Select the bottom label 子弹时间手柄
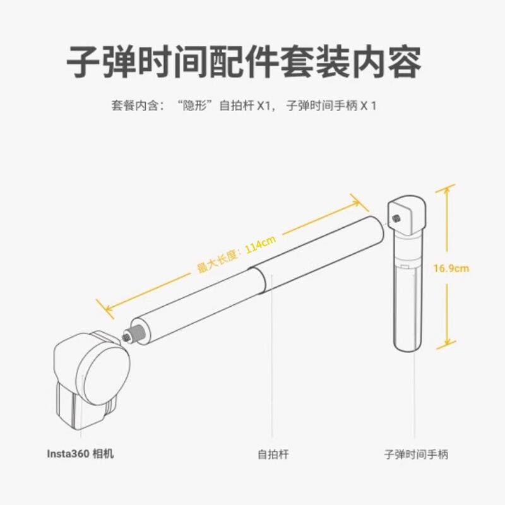(416, 454)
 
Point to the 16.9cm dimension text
(451, 268)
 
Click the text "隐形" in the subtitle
(196, 106)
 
